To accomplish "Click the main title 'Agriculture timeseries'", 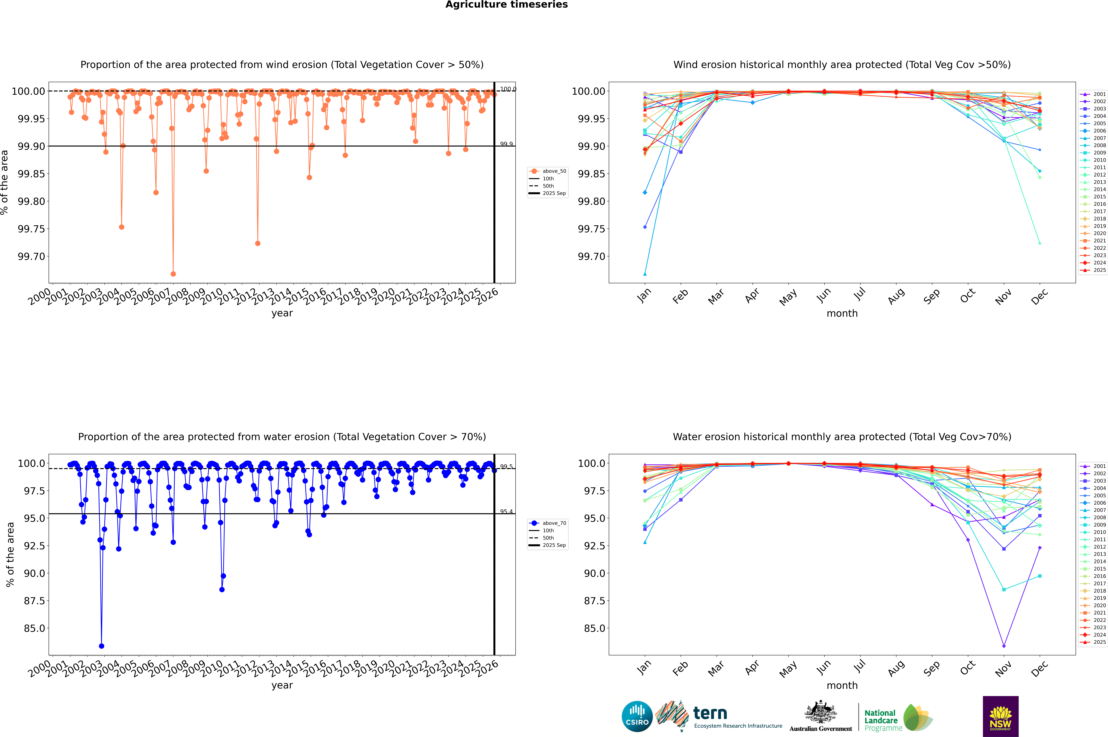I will pos(506,5).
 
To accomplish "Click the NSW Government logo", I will pos(1000,716).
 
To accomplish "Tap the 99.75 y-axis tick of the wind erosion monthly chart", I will pos(591,229).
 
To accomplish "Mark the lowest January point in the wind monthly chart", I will pos(645,274).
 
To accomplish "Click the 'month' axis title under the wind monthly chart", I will pos(842,314).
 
